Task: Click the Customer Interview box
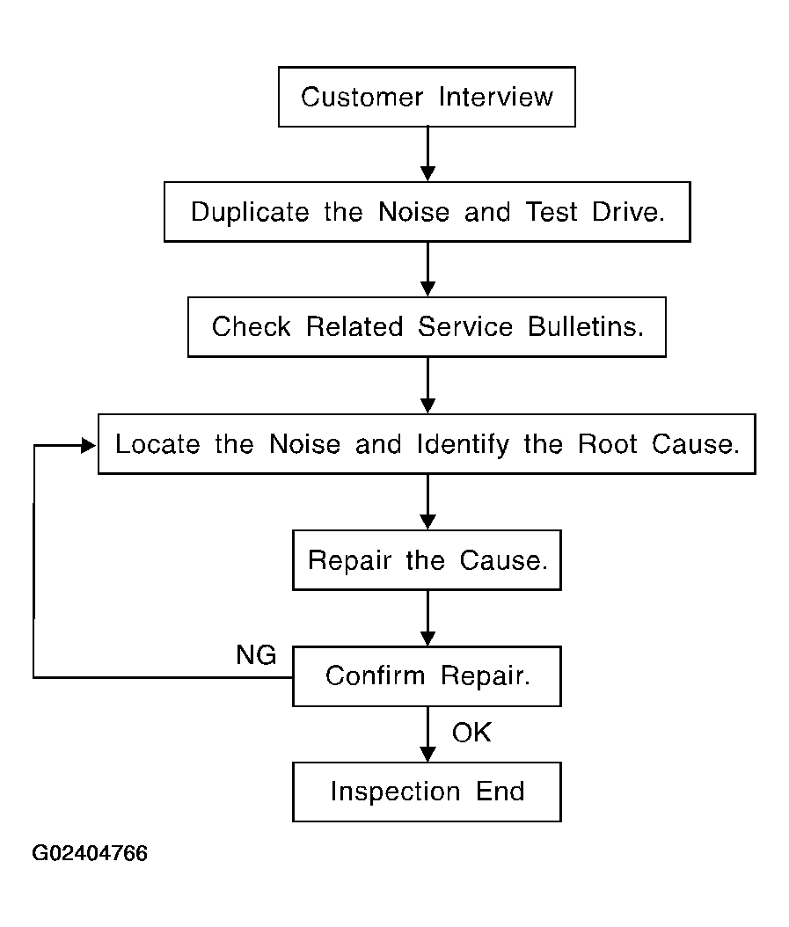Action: pyautogui.click(x=427, y=97)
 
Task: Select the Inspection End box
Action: pyautogui.click(x=427, y=792)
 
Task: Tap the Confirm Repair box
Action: pyautogui.click(x=427, y=676)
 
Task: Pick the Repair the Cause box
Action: pyautogui.click(x=427, y=560)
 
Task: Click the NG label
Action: pyautogui.click(x=256, y=655)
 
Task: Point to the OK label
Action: pyautogui.click(x=471, y=733)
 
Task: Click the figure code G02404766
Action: pyautogui.click(x=90, y=853)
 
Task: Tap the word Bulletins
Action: pyautogui.click(x=586, y=326)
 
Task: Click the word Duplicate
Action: pyautogui.click(x=250, y=212)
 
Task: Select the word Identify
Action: pyautogui.click(x=463, y=444)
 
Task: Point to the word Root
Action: pyautogui.click(x=608, y=444)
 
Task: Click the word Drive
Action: pyautogui.click(x=628, y=212)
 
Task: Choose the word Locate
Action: pyautogui.click(x=157, y=444)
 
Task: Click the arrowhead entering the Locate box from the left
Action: pyautogui.click(x=89, y=445)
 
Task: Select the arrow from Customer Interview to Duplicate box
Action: pyautogui.click(x=427, y=154)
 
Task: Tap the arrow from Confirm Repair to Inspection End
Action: pyautogui.click(x=427, y=734)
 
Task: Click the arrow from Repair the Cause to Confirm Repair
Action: pyautogui.click(x=427, y=618)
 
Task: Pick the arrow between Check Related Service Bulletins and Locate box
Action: pyautogui.click(x=427, y=385)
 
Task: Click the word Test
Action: pyautogui.click(x=552, y=212)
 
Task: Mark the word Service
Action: pyautogui.click(x=465, y=326)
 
